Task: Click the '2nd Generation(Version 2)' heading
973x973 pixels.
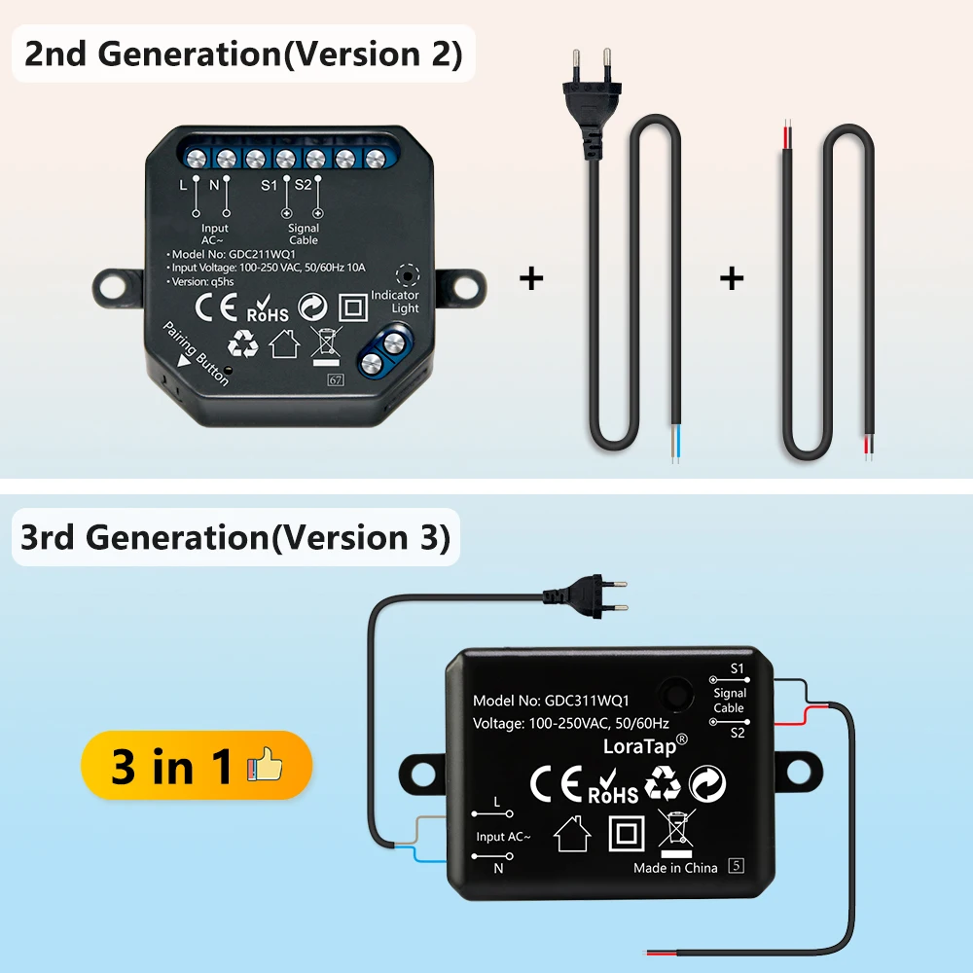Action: tap(243, 54)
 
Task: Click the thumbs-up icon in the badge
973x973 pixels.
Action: tap(265, 767)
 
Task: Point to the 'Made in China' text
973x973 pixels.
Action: tap(675, 868)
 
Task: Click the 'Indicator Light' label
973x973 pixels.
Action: tap(395, 302)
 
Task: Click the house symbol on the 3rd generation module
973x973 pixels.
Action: tap(571, 833)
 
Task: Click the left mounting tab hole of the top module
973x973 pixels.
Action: tap(113, 286)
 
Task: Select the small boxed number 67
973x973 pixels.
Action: tap(336, 379)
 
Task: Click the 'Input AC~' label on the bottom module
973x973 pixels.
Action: tap(503, 837)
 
